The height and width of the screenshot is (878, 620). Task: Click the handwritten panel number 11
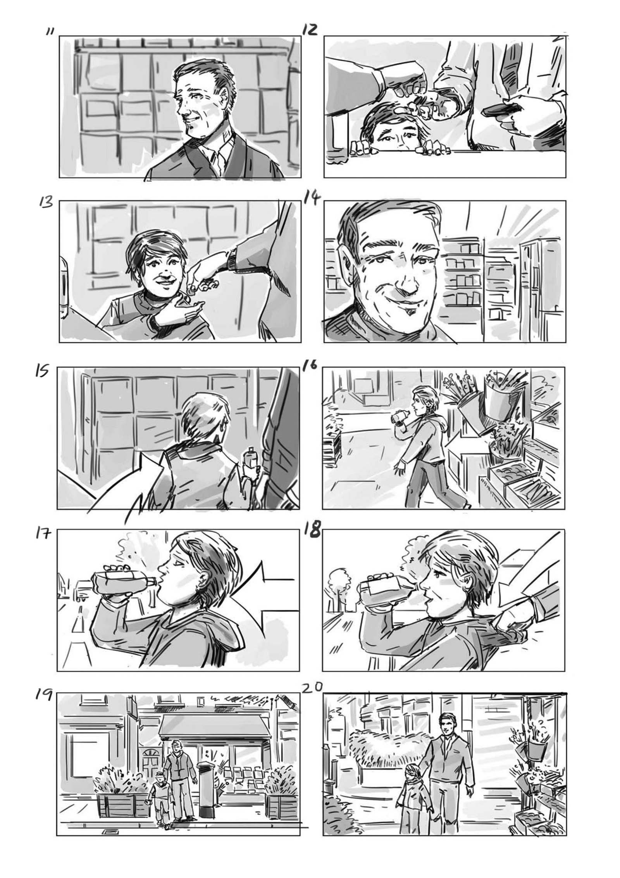click(50, 31)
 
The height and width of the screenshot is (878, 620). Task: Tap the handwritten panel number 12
click(310, 29)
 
